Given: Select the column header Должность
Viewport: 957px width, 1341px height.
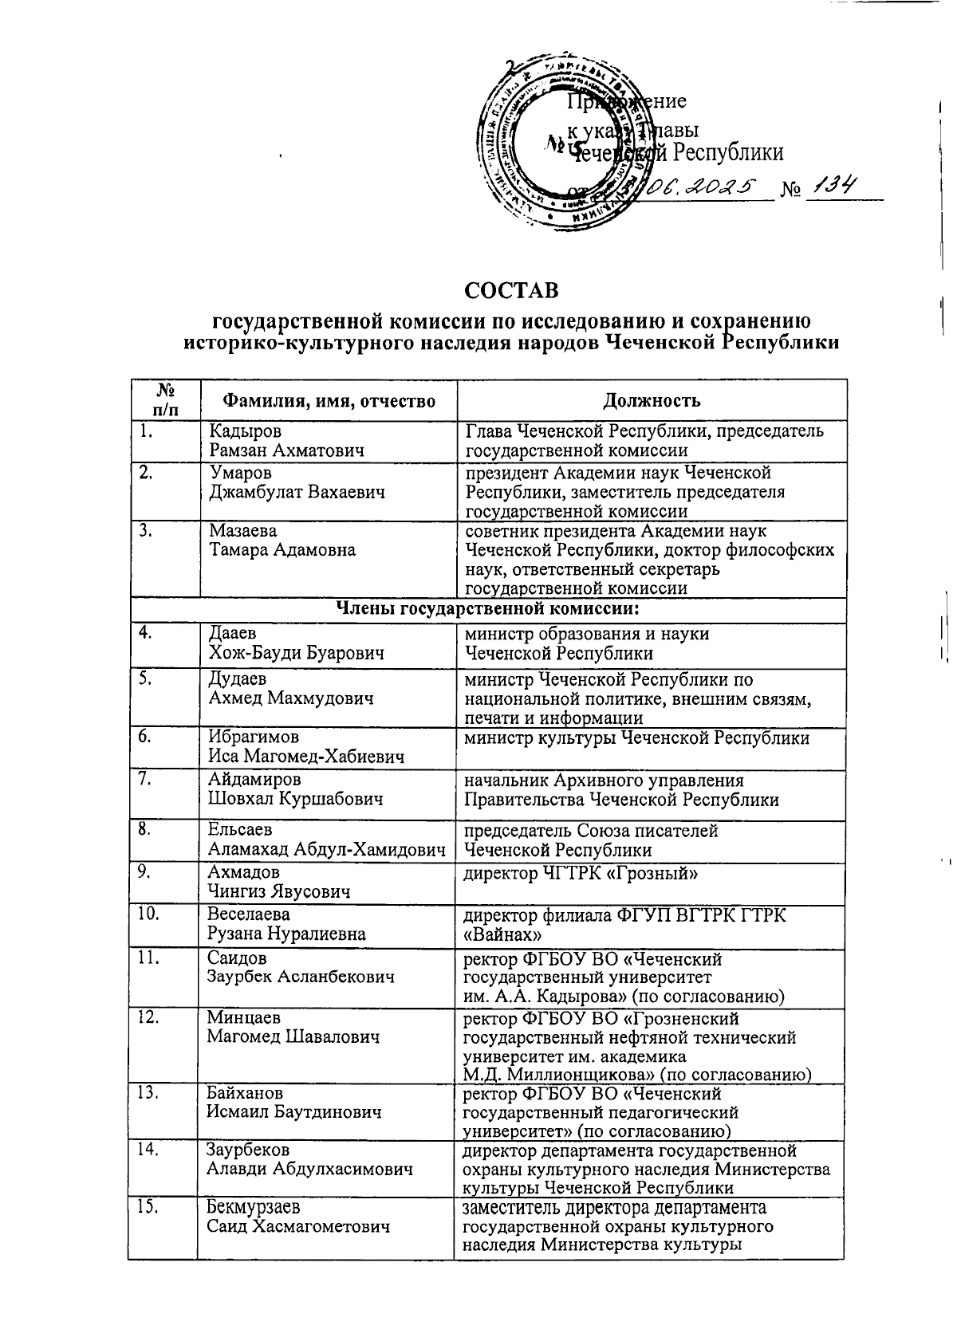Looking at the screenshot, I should [x=651, y=400].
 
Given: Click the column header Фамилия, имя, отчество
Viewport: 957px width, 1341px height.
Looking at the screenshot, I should [x=328, y=400].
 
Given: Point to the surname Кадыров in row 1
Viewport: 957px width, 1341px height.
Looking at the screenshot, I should [x=245, y=431].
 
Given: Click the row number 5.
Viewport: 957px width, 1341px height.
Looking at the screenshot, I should [x=146, y=679].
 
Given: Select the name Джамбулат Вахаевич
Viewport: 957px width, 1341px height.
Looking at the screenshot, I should [x=297, y=492].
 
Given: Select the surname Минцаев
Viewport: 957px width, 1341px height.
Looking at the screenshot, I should [x=242, y=1018].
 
